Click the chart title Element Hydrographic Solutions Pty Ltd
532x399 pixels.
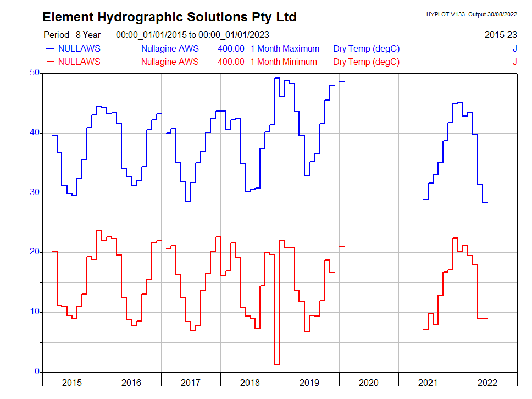click(169, 18)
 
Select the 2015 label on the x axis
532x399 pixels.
click(72, 383)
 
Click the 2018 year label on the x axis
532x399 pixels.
click(250, 383)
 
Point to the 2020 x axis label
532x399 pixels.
click(369, 383)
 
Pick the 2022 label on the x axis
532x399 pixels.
click(487, 383)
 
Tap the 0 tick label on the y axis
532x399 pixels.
click(37, 372)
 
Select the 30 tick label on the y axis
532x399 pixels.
click(35, 192)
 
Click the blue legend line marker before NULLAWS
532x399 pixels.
click(50, 48)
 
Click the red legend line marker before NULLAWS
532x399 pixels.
click(50, 62)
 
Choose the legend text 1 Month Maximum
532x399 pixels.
click(285, 48)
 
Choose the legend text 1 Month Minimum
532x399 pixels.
click(284, 62)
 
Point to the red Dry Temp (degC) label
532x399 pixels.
click(366, 62)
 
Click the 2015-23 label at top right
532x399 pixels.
click(501, 35)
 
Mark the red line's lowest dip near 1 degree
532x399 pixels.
click(277, 364)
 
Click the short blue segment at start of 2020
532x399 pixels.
click(342, 81)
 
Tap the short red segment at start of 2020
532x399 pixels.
click(342, 246)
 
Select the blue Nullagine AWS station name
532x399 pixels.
click(170, 48)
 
